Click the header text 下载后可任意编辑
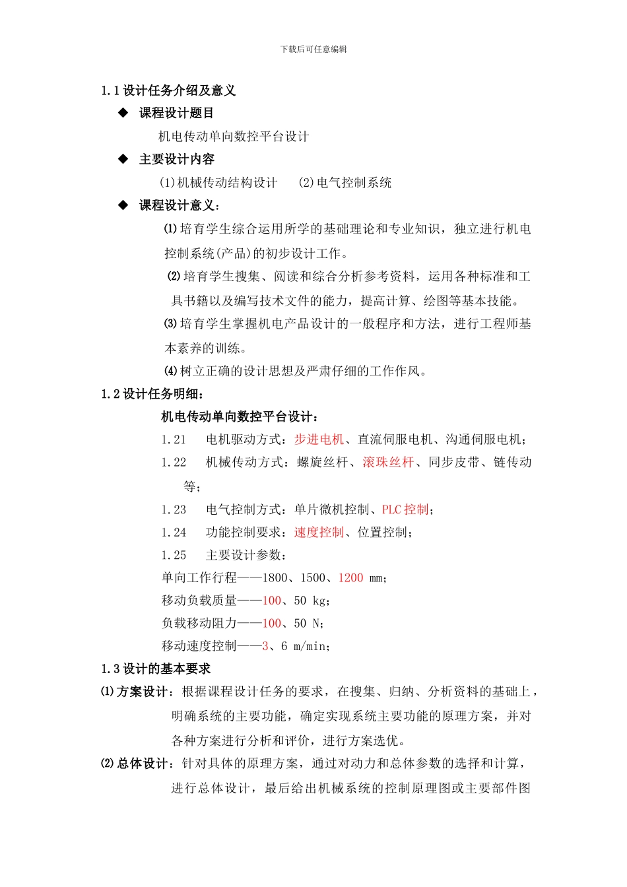(x=313, y=49)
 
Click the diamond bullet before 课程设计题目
(x=123, y=113)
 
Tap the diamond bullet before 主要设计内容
(x=123, y=159)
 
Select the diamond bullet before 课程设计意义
(x=123, y=205)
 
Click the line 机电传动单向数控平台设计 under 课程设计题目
(x=234, y=137)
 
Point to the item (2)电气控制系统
(x=345, y=183)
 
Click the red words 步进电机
(x=319, y=440)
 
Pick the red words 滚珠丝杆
(x=388, y=462)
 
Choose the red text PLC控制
(x=405, y=509)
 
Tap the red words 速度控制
(x=319, y=533)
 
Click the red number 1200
(x=350, y=578)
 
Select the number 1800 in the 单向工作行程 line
(x=275, y=578)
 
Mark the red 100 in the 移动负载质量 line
(x=272, y=601)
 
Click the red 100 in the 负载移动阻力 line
(x=272, y=623)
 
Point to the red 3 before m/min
(x=265, y=646)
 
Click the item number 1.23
(x=174, y=509)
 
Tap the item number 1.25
(x=174, y=555)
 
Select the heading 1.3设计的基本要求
(x=156, y=669)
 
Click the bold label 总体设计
(x=142, y=764)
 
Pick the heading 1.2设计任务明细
(x=152, y=394)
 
